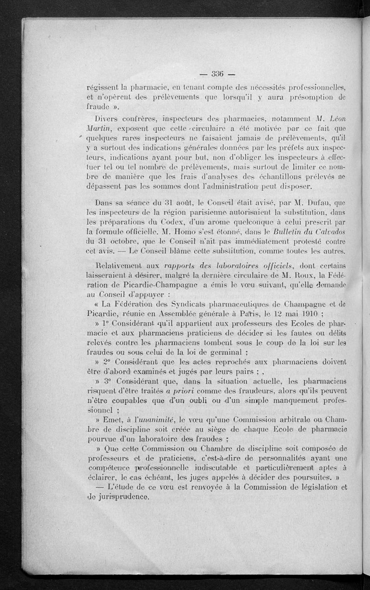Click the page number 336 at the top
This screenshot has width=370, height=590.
pos(217,73)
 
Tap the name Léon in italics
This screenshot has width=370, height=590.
pos(335,120)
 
